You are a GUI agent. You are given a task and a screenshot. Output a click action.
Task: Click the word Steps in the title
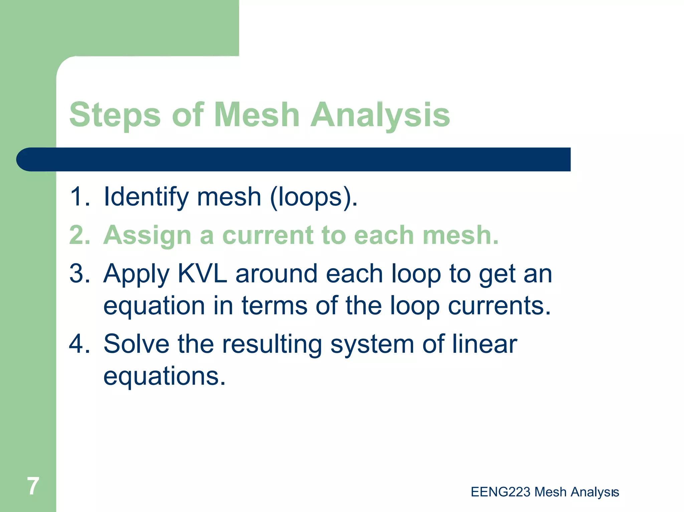tap(115, 115)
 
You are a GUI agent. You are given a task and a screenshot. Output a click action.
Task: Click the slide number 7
tap(33, 486)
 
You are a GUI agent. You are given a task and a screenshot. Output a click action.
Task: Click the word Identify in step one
tap(146, 197)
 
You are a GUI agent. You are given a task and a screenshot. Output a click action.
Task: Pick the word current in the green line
tap(267, 235)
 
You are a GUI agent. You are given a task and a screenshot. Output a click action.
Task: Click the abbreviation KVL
tap(202, 274)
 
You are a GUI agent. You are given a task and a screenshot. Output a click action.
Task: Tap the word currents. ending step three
tap(499, 306)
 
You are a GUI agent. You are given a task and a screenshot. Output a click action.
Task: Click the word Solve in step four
tap(137, 344)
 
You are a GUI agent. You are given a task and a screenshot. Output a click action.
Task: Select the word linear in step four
tap(484, 344)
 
